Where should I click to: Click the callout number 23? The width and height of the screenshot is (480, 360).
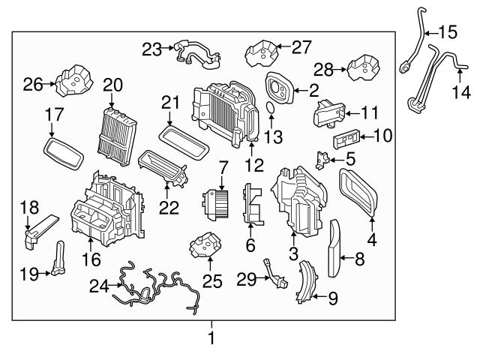pos(152,49)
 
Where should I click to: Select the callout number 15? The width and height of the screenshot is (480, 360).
pos(447,32)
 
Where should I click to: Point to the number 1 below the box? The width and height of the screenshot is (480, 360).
pos(211,338)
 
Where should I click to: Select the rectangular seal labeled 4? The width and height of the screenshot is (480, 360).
pos(358,193)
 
